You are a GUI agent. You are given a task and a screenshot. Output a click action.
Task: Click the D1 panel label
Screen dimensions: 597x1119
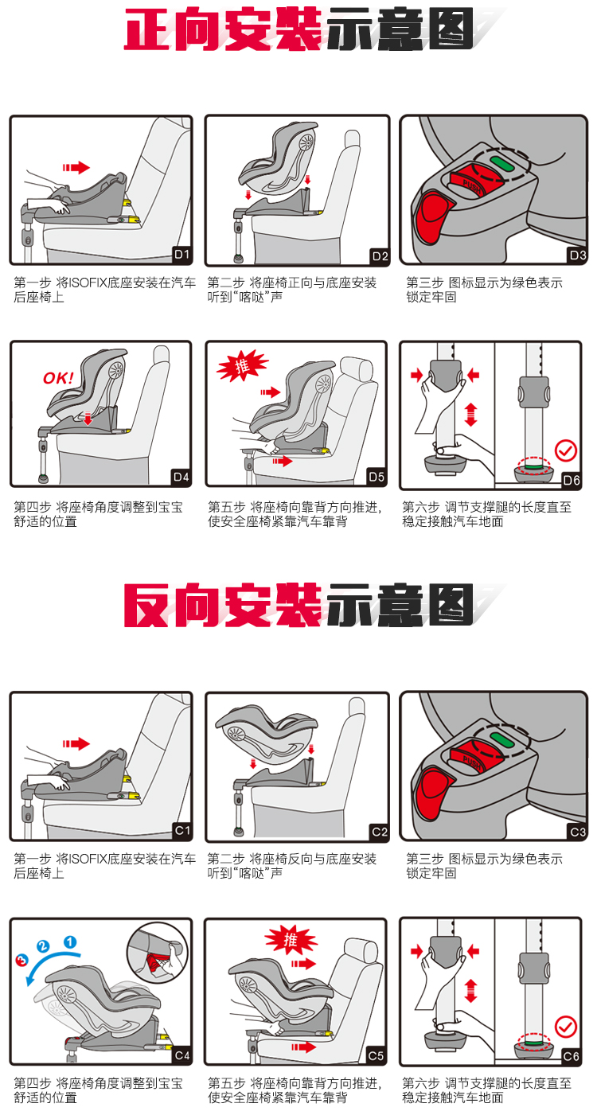181,255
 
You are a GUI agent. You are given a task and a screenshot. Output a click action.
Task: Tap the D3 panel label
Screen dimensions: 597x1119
578,255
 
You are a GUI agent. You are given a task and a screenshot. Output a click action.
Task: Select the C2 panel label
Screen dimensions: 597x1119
380,832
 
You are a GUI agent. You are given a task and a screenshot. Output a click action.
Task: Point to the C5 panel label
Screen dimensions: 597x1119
376,1055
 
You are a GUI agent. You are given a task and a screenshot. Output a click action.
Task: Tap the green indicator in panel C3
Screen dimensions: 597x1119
500,739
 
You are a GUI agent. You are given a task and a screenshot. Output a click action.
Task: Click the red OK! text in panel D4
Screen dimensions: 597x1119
58,378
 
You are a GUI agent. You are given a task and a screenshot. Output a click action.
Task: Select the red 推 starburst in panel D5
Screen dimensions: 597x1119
242,366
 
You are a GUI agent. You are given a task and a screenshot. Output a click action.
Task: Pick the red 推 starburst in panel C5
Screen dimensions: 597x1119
291,942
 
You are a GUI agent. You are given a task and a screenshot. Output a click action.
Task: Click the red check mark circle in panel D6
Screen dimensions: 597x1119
565,451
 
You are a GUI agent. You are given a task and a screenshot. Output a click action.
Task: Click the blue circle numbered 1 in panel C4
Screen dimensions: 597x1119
70,942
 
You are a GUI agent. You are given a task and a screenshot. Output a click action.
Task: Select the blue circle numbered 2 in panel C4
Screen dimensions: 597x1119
43,946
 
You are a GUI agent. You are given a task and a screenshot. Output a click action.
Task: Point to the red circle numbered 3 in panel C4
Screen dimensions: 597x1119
21,960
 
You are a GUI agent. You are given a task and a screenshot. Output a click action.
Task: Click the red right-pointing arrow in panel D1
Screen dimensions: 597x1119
76,168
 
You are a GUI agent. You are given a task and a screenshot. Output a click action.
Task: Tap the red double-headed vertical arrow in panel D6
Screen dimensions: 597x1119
470,415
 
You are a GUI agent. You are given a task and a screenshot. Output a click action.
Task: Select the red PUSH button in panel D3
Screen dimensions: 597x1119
467,185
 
